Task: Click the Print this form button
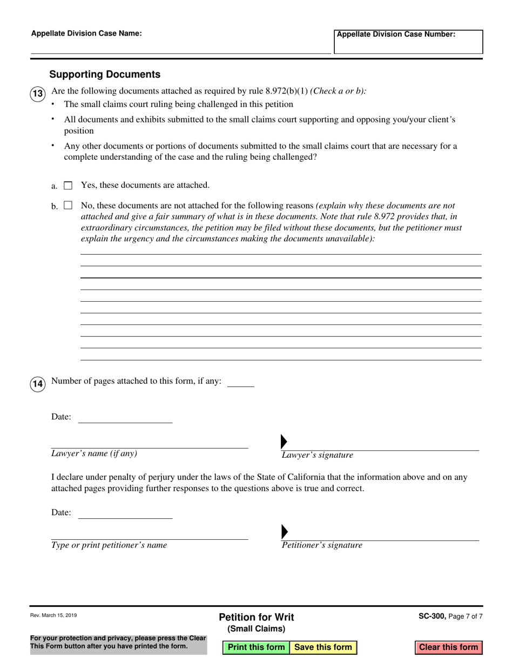(x=256, y=647)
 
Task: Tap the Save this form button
(x=323, y=647)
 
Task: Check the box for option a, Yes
(x=68, y=186)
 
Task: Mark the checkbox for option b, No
(x=68, y=205)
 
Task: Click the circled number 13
(x=37, y=94)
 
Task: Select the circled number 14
(x=37, y=384)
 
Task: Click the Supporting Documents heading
(x=105, y=74)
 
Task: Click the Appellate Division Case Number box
(x=408, y=42)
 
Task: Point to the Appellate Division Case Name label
(x=86, y=33)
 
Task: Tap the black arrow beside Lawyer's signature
(x=284, y=442)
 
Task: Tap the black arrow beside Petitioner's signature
(x=284, y=532)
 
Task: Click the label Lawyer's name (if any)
(x=94, y=453)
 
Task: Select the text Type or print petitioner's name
(x=109, y=545)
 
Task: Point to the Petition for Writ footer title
(x=256, y=617)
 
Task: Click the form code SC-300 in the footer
(x=431, y=615)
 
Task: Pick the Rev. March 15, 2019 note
(x=53, y=615)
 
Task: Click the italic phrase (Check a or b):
(x=338, y=91)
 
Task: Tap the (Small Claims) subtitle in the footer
(x=256, y=629)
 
